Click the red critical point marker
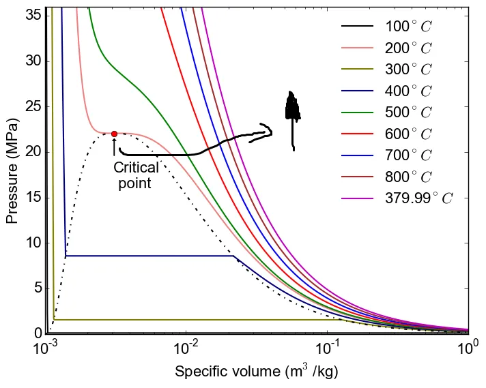click(114, 134)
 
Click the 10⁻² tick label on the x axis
click(186, 348)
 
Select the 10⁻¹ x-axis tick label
click(327, 348)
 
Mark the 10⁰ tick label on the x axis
click(467, 348)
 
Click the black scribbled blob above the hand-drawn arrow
click(292, 109)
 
